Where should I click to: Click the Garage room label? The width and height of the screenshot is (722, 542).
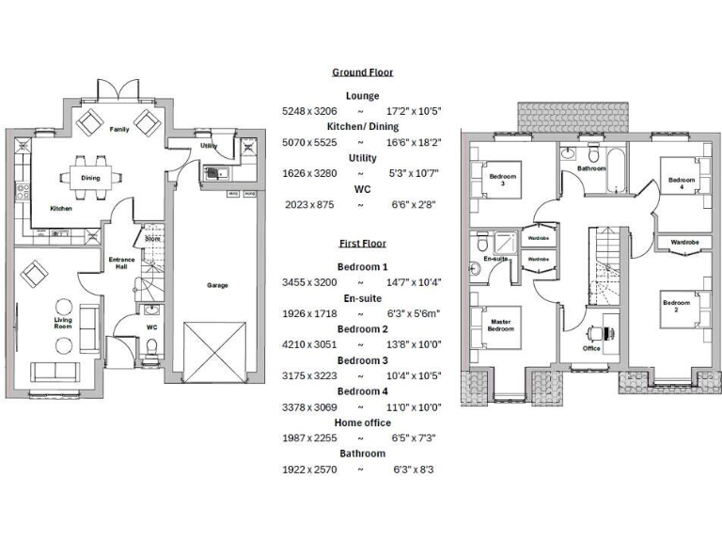pos(218,285)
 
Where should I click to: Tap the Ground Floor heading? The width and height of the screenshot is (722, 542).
pos(362,72)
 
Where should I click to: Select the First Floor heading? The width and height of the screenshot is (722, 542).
pos(362,244)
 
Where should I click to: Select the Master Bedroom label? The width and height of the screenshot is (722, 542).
pos(501,326)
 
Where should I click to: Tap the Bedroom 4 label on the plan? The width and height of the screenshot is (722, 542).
pos(682,183)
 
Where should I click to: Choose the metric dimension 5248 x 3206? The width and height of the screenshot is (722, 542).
pos(306,111)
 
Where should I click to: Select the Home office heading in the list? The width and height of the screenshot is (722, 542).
pos(362,422)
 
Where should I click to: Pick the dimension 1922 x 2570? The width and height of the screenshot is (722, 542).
pos(306,469)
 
